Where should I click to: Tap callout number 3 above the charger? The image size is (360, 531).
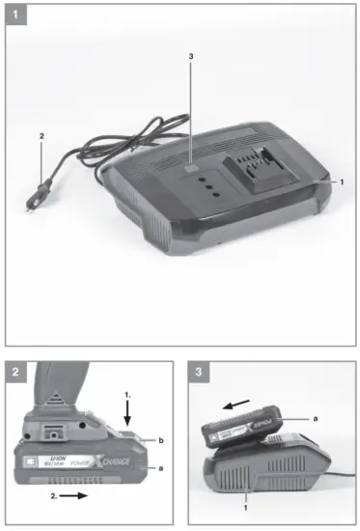pos(191,58)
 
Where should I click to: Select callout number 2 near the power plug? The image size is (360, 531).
pos(41,137)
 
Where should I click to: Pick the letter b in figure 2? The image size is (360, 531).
pos(161,440)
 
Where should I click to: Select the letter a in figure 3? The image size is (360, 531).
pos(316,416)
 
